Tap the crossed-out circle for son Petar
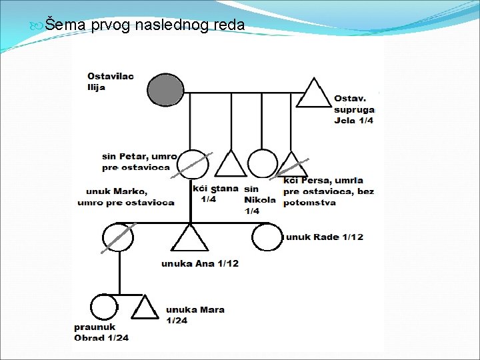pos(191,164)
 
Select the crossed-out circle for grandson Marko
pos(119,237)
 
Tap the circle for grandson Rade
pos(267,237)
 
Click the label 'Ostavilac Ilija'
pos(110,81)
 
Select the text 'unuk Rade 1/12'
pos(325,237)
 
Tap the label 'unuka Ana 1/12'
pos(199,263)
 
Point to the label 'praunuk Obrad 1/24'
pos(101,332)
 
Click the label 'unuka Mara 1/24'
pos(195,315)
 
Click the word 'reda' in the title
pos(228,26)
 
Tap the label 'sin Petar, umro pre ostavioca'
pos(139,162)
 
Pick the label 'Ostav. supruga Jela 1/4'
pos(354,109)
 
